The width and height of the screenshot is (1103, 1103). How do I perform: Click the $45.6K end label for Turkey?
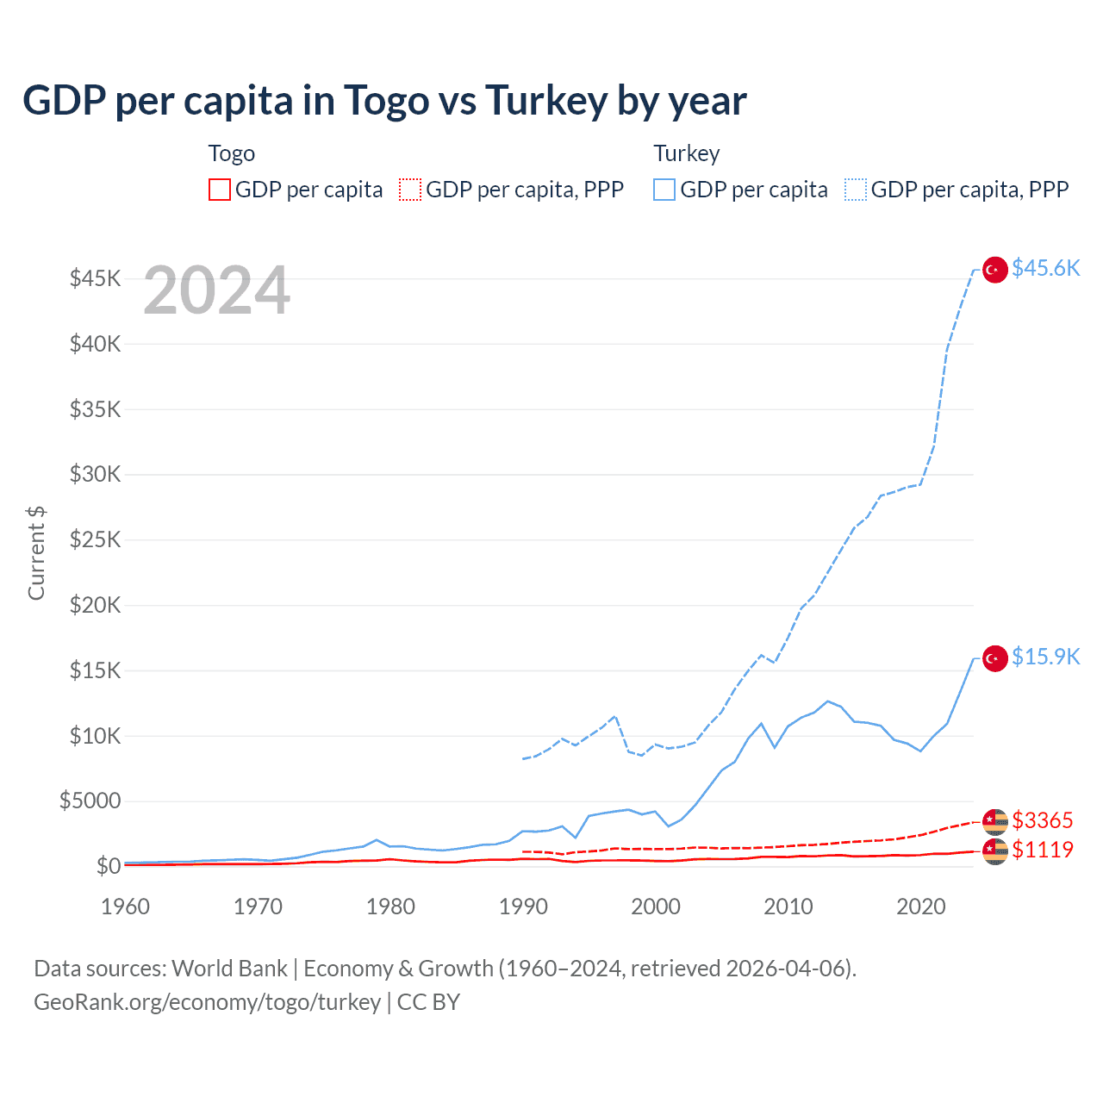1045,269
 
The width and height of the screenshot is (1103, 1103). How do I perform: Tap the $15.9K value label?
1045,657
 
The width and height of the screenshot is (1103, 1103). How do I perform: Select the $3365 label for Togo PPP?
1042,820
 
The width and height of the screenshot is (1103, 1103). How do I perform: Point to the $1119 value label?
1042,850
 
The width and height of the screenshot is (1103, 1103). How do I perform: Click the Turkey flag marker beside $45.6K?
995,270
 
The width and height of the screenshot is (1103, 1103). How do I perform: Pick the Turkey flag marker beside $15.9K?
995,658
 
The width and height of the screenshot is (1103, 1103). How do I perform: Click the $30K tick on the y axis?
96,475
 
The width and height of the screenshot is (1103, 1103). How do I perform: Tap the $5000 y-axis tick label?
90,801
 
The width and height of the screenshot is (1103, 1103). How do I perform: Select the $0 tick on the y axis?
108,866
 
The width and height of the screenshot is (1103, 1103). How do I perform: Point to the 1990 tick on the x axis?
523,907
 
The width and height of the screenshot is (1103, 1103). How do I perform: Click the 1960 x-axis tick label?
126,907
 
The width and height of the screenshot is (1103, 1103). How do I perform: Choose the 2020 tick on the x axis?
920,907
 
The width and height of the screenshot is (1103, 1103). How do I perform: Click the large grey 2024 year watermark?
216,291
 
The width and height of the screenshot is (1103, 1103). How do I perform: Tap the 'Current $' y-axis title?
36,553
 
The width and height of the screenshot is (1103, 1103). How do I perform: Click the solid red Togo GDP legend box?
220,190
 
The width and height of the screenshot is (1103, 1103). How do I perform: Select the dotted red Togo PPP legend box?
410,190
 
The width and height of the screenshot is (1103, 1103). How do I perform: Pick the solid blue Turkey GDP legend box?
664,190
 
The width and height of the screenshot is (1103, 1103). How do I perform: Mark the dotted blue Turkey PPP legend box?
856,190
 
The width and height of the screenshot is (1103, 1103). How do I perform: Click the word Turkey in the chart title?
546,101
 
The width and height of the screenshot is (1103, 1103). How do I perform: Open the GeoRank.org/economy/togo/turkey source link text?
207,1002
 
